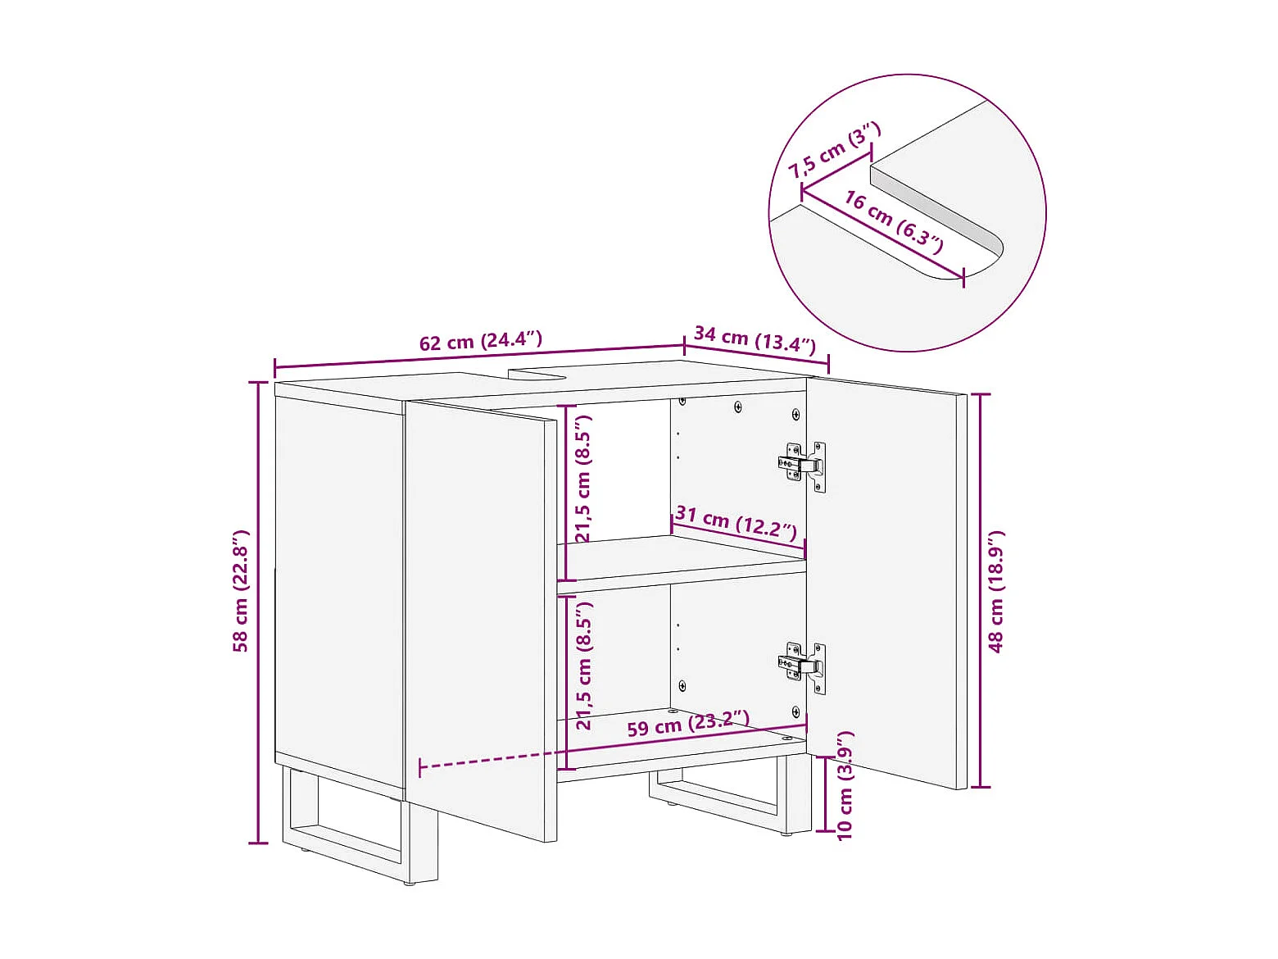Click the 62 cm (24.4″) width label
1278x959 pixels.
click(481, 341)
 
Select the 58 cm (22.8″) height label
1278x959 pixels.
click(241, 591)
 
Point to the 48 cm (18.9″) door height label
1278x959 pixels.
click(996, 592)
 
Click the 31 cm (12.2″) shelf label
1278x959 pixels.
click(736, 522)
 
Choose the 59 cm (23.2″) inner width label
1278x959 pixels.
click(688, 723)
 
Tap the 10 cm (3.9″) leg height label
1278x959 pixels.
click(845, 785)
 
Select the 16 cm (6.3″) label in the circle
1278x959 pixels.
click(894, 222)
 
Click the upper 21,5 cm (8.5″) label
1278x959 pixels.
click(582, 479)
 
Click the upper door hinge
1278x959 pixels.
click(802, 466)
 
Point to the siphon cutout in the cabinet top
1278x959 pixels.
click(538, 373)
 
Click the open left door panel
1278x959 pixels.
click(481, 620)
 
